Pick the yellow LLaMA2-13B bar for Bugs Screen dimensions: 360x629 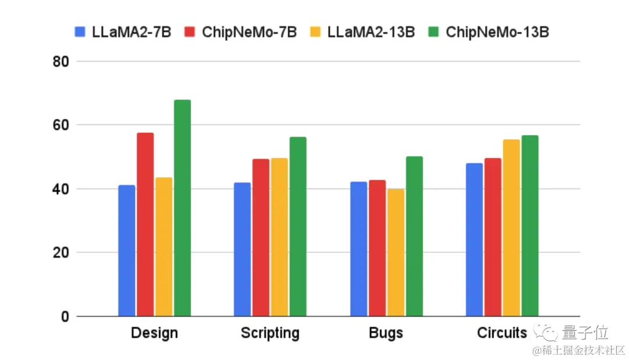coord(395,253)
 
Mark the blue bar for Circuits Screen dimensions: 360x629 coord(474,240)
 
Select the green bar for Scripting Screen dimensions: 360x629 coord(298,227)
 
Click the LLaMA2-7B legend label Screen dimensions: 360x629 coord(131,31)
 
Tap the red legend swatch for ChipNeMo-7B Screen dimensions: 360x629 coord(190,31)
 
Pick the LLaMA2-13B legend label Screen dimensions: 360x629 coord(371,31)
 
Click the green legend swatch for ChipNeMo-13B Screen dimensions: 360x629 coord(434,31)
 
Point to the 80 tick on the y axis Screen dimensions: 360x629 coord(61,61)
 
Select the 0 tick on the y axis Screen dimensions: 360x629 coord(64,316)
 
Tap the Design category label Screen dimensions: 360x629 coord(154,333)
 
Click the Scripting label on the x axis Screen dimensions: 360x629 coord(270,333)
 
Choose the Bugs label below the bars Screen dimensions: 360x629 coord(386,333)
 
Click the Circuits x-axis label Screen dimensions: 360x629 coord(501,333)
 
